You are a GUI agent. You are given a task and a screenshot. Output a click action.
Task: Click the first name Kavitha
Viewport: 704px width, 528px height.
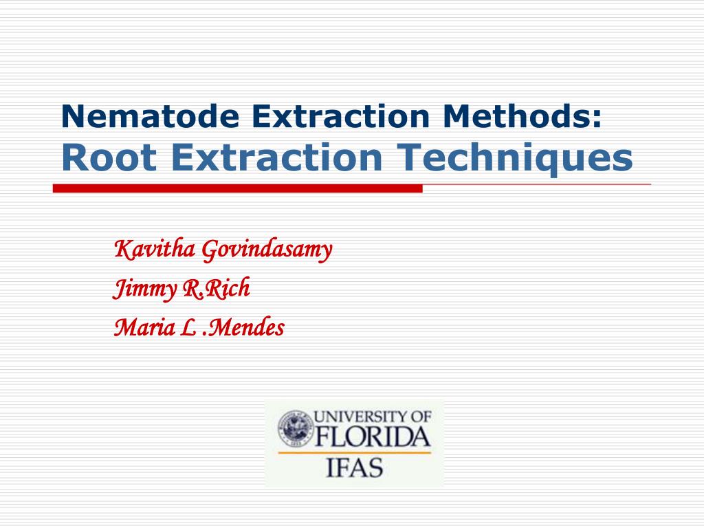click(x=154, y=250)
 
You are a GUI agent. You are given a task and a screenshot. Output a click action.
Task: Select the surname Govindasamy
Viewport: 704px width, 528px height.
click(x=267, y=250)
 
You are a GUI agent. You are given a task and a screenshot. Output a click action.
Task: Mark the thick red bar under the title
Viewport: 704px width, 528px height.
click(x=237, y=188)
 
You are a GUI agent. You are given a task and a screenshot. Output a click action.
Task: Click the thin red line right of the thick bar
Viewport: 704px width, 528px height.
click(x=536, y=185)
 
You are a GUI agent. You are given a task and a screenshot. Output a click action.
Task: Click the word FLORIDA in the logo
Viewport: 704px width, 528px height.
click(x=372, y=437)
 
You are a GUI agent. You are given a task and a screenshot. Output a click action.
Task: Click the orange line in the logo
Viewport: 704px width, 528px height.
click(x=353, y=452)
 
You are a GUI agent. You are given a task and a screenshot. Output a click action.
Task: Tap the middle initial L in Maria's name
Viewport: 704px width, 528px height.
click(x=186, y=328)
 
